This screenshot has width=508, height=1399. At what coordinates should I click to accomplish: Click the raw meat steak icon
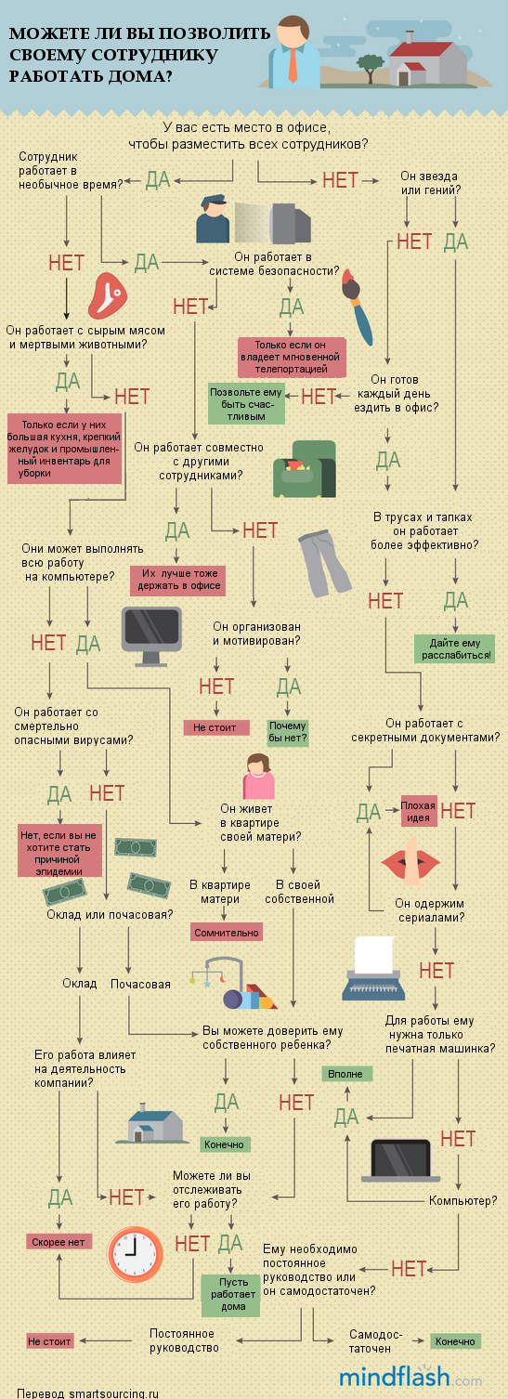click(108, 295)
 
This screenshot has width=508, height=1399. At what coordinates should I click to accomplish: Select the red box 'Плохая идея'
click(418, 811)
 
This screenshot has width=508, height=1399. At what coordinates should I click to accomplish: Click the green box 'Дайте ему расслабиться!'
click(455, 648)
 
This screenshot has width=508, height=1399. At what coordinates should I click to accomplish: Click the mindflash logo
click(410, 1377)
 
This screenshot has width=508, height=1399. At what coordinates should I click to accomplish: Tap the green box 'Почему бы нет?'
click(288, 732)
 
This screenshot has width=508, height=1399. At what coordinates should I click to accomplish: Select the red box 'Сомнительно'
click(226, 932)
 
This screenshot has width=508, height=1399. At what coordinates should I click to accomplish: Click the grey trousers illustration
click(324, 563)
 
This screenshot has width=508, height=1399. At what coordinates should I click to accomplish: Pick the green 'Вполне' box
click(347, 1074)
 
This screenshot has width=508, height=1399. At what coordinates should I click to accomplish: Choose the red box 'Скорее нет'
click(59, 1242)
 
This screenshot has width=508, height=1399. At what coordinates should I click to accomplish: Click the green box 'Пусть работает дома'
click(230, 1295)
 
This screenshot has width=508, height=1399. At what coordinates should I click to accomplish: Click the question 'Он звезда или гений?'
click(430, 183)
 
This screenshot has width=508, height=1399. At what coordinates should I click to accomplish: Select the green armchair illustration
click(305, 469)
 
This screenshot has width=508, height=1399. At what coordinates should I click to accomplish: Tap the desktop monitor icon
click(151, 635)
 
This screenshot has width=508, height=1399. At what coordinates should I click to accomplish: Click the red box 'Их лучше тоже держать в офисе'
click(178, 581)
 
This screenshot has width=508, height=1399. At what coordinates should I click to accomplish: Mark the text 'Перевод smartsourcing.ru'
click(88, 1393)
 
